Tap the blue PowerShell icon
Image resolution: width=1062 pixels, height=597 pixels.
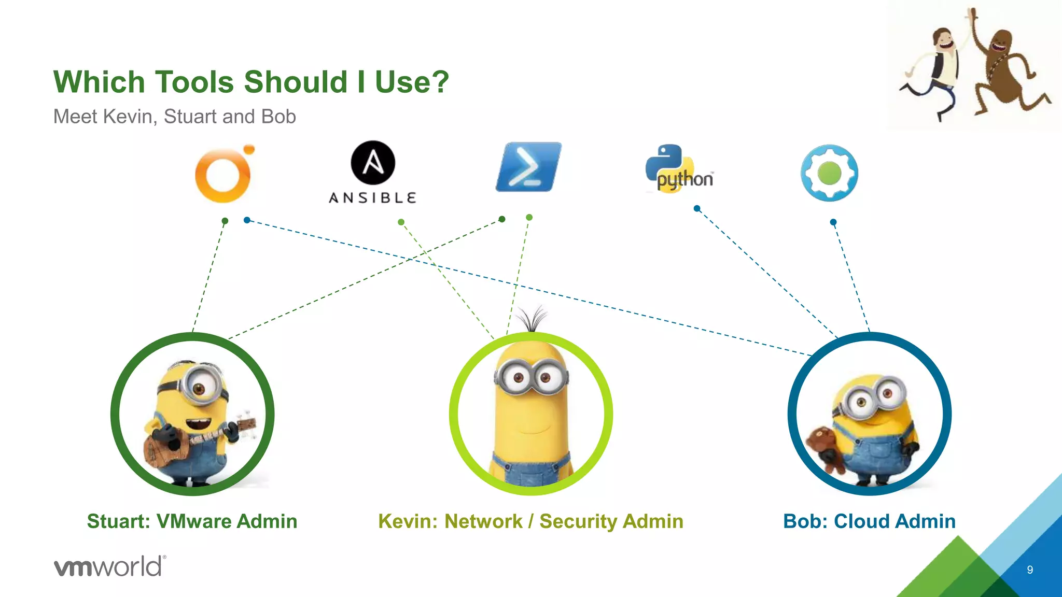(528, 167)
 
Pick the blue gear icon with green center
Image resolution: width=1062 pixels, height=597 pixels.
(829, 173)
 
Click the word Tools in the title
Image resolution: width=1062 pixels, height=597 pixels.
(194, 82)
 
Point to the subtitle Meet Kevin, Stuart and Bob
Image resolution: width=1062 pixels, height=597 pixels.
(174, 117)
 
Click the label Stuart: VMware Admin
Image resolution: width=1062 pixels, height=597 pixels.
(192, 521)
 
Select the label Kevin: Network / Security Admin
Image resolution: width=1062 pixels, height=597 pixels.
(530, 521)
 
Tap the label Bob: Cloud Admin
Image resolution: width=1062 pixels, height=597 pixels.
(869, 521)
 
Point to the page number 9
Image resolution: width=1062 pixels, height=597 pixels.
(1030, 570)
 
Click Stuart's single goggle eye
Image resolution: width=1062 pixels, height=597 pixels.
(199, 387)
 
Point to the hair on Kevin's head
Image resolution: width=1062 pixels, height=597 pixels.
(533, 317)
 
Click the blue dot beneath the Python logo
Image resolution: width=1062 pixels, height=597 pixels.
(697, 208)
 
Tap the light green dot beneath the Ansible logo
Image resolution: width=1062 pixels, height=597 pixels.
(401, 222)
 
